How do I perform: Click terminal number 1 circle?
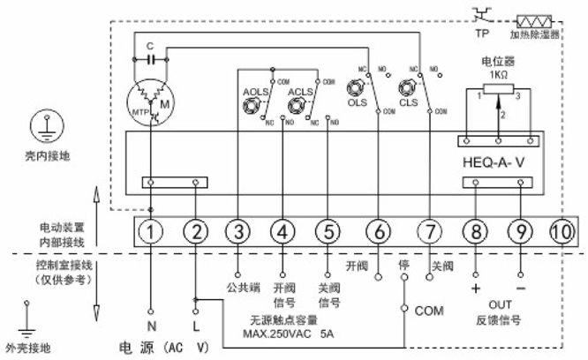tap(152, 231)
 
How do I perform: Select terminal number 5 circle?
tap(328, 231)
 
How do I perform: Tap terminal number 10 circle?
tap(562, 231)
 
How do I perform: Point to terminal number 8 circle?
tap(476, 231)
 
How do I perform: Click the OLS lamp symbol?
tap(358, 88)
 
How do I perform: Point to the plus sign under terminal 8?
tap(476, 289)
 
